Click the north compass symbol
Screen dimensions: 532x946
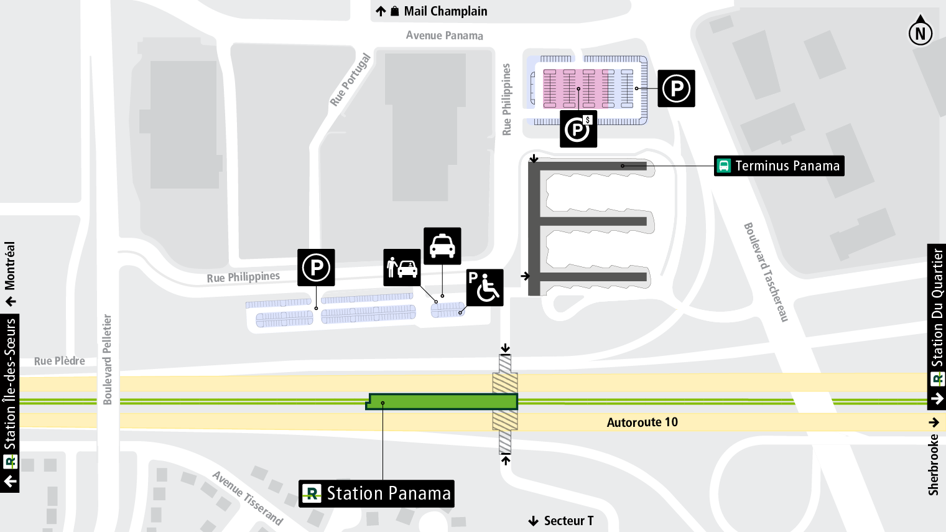click(920, 32)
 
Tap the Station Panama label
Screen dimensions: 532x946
click(376, 493)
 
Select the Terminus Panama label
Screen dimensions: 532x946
click(779, 166)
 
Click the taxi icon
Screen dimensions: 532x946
click(442, 246)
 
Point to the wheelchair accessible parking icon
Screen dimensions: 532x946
click(485, 287)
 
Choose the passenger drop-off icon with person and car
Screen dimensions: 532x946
click(402, 268)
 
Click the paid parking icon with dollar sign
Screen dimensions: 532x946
click(578, 129)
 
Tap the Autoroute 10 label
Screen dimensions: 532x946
click(642, 422)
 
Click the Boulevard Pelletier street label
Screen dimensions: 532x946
click(108, 360)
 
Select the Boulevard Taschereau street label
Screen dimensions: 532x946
click(766, 272)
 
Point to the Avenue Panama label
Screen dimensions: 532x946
click(444, 35)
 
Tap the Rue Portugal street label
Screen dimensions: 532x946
click(350, 80)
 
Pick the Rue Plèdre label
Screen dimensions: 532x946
click(59, 361)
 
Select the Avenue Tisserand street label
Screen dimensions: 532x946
click(248, 498)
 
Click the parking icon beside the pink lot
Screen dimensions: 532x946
click(676, 88)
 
